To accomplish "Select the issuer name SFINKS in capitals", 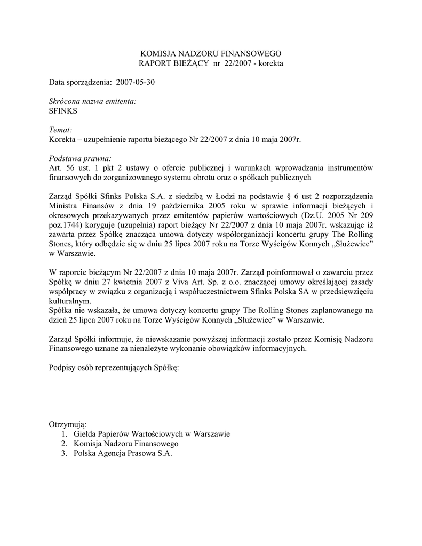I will pos(63,111).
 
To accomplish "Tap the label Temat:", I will pos(60,130).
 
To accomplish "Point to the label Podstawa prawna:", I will pos(80,158).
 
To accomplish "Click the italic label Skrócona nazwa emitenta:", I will pos(92,101).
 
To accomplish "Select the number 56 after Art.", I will pos(68,168).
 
